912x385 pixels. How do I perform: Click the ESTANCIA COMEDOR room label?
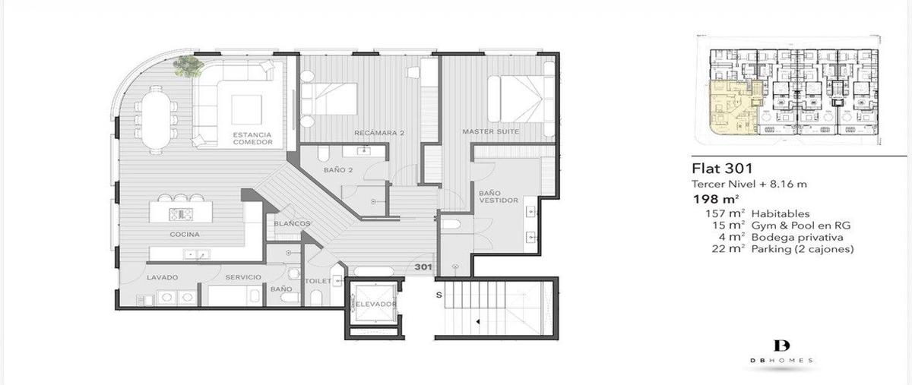tap(252, 138)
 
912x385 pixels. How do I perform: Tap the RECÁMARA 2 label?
tap(379, 133)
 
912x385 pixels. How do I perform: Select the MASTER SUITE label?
tap(491, 131)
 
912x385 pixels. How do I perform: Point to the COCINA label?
tap(185, 235)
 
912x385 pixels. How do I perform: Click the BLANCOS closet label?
tap(292, 223)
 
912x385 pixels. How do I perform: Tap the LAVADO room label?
tap(163, 278)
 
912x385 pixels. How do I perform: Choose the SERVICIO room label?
tap(243, 277)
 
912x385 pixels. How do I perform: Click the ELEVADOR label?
tap(375, 305)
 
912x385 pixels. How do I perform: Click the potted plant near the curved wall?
tap(188, 66)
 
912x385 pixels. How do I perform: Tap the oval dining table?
tap(156, 119)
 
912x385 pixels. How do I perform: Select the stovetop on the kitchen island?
tap(181, 214)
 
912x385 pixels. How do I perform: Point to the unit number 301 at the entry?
tap(423, 267)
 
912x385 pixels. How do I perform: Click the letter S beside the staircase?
tap(439, 295)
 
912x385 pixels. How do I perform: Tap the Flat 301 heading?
tap(722, 168)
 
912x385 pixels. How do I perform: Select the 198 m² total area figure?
tap(716, 200)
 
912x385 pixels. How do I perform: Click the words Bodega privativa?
tap(797, 237)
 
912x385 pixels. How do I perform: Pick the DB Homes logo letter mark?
tap(782, 346)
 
